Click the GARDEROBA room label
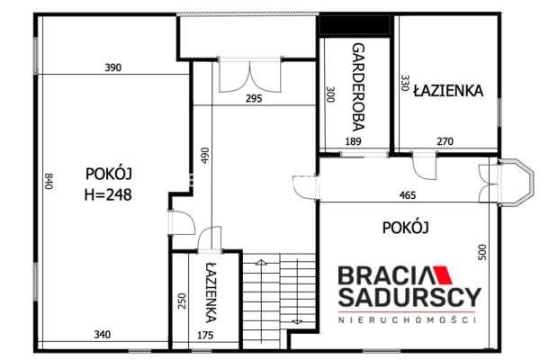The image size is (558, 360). [358, 87]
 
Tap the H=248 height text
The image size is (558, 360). [108, 195]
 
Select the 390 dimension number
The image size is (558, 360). [113, 67]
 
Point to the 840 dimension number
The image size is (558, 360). [49, 181]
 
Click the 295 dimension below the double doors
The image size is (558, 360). [254, 98]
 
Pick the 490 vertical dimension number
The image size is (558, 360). [205, 156]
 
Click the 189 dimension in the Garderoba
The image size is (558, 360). [354, 141]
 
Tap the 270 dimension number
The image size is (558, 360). [445, 141]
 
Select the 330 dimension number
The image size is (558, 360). [405, 83]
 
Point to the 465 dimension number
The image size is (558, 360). [408, 195]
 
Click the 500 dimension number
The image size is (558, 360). [482, 252]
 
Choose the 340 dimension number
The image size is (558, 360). [102, 335]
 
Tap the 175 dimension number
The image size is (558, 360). [205, 335]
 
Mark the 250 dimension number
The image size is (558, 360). [182, 301]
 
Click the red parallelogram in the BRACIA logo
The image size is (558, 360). [442, 275]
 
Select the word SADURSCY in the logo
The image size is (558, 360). [409, 297]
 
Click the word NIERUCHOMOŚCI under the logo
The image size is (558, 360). [407, 319]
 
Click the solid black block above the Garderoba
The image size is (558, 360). [354, 25]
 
